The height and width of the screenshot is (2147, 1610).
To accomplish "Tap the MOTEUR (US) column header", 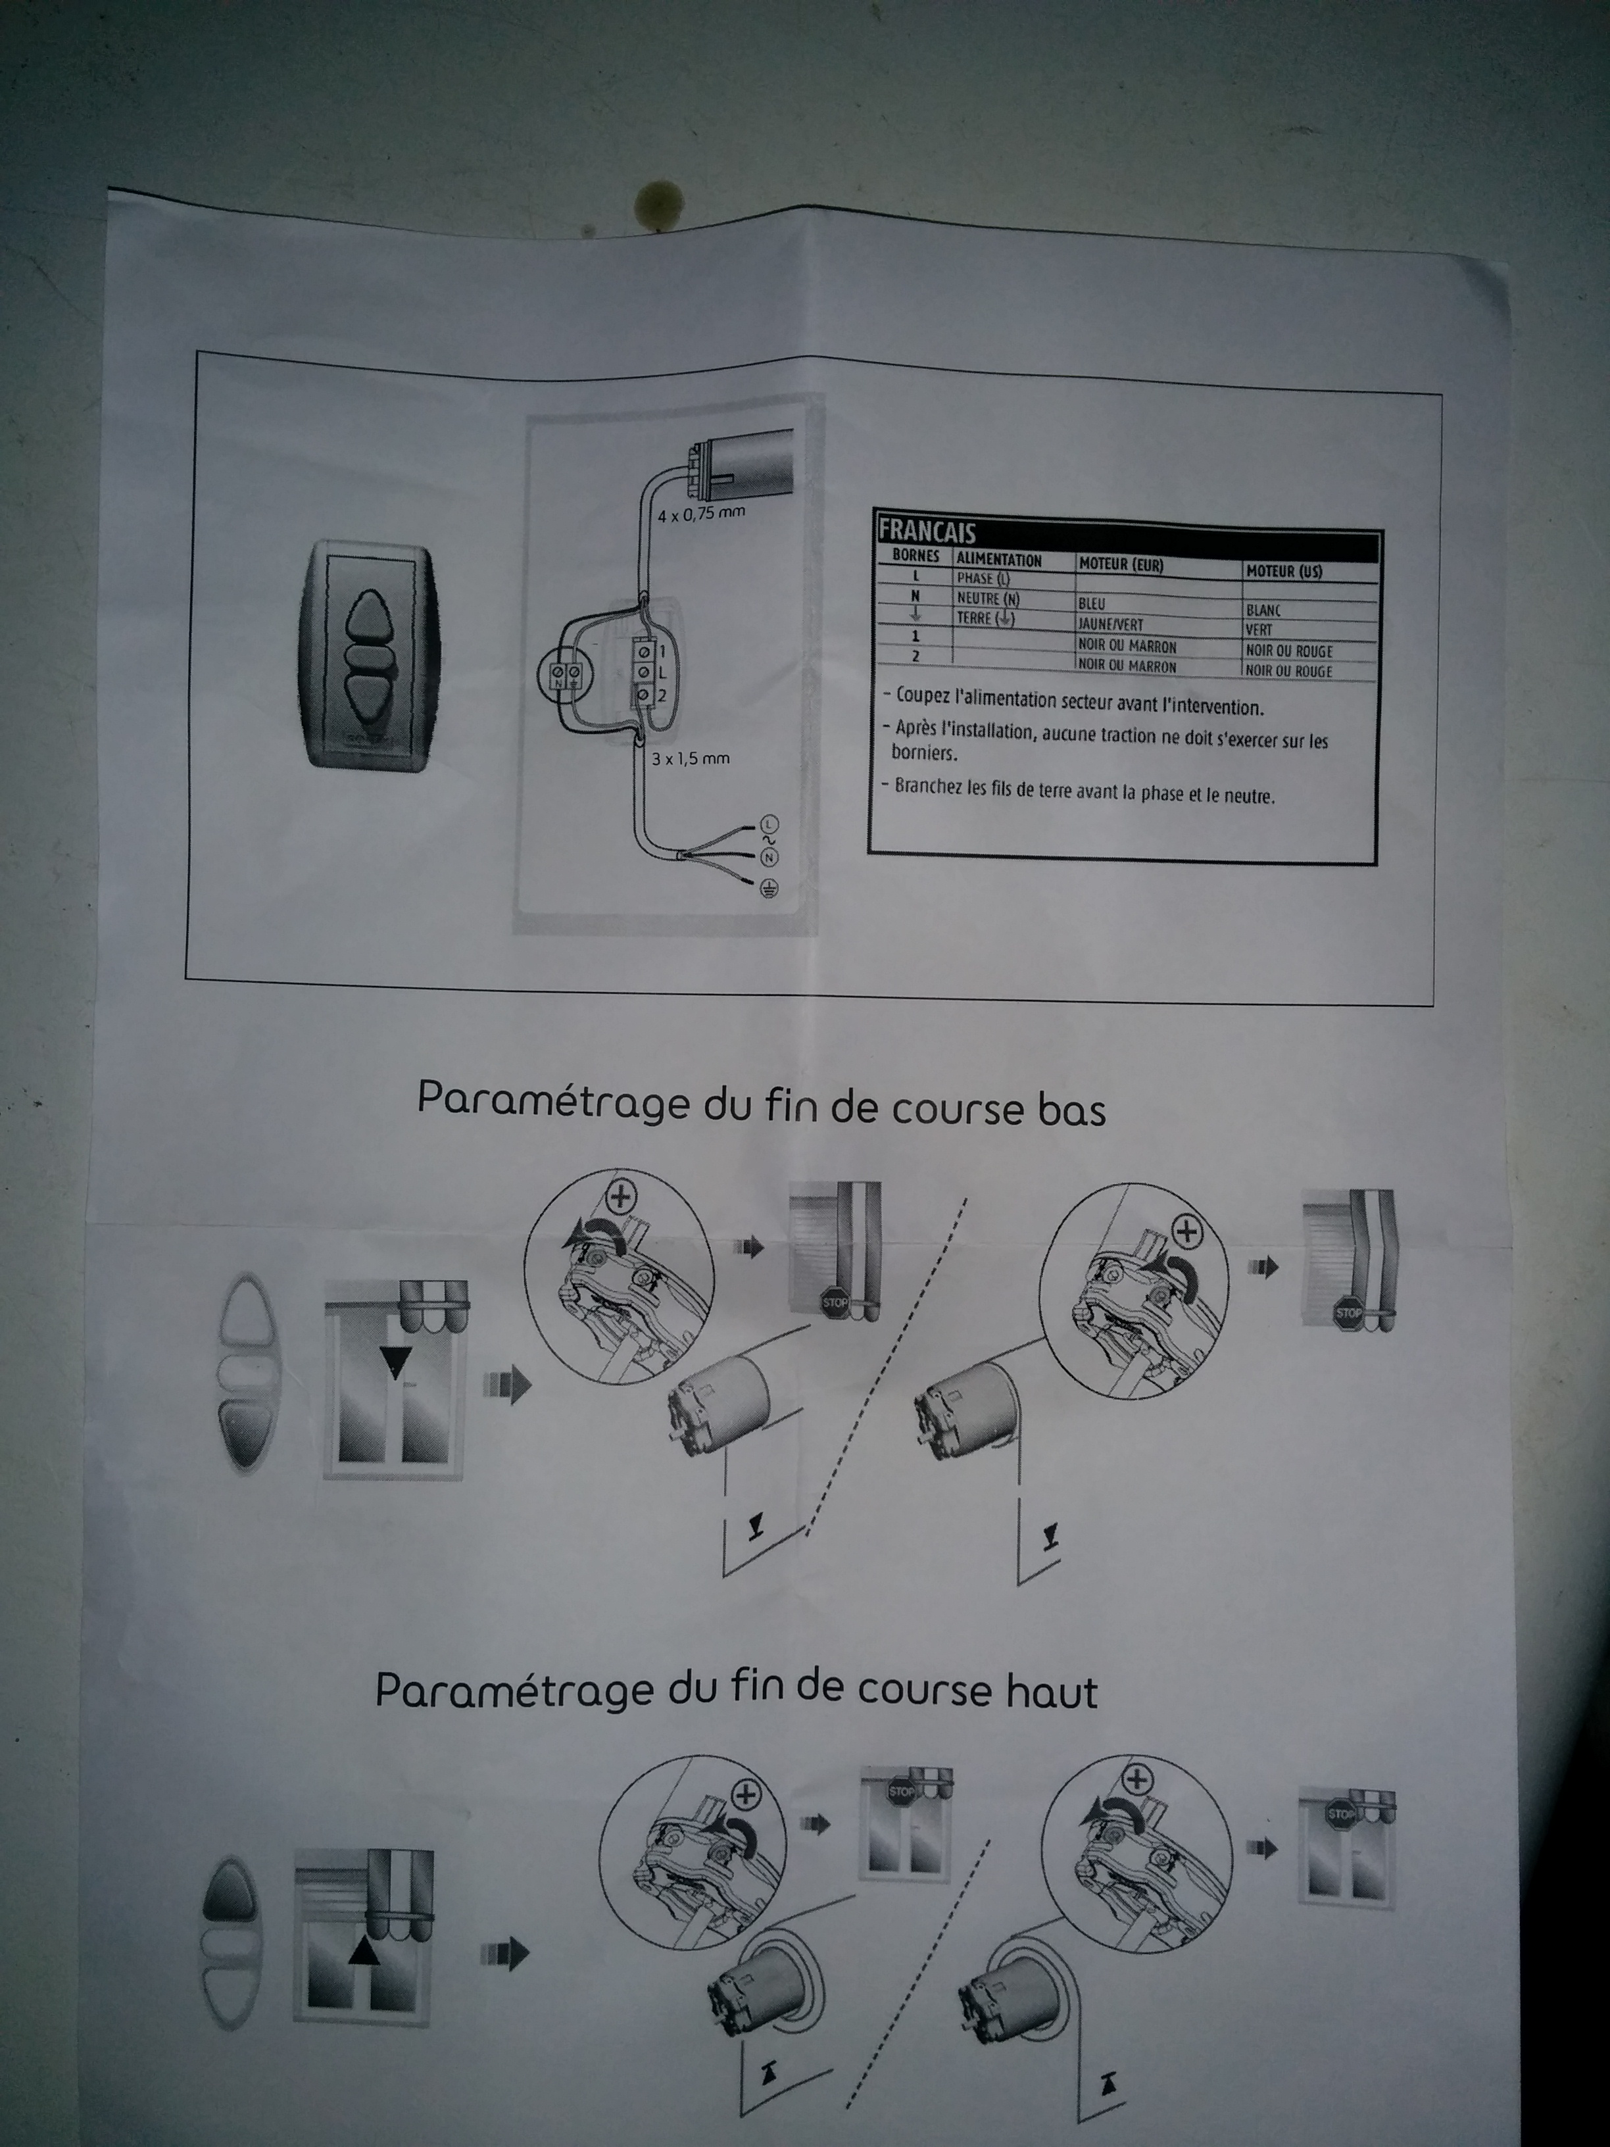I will pos(1283,571).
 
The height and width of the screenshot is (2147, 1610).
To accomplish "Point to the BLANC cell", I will pos(1263,610).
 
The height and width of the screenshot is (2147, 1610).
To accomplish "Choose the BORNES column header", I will pos(915,556).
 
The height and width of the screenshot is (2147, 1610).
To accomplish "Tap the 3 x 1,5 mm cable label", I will pos(690,758).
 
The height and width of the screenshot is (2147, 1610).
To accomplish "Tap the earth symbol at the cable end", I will pos(768,888).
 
